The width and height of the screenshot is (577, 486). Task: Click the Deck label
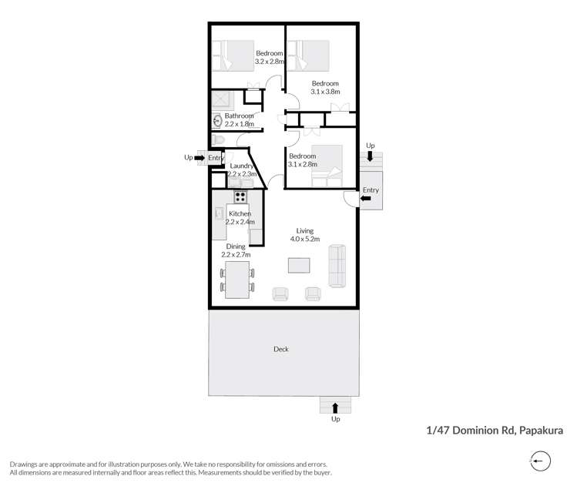(x=281, y=349)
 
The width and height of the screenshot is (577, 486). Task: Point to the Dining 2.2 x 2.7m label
(x=236, y=250)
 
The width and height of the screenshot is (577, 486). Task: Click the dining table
(x=237, y=280)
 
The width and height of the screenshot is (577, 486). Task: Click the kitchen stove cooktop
(x=240, y=196)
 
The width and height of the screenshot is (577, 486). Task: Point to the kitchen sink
(x=219, y=213)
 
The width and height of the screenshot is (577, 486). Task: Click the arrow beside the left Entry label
(x=200, y=158)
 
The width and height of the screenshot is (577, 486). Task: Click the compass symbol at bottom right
(x=539, y=461)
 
